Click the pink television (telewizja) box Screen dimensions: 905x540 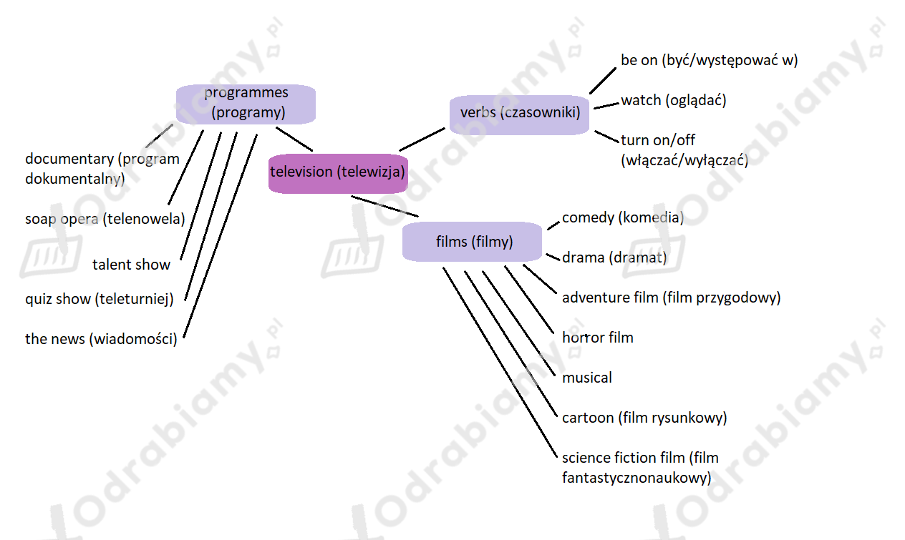pos(338,174)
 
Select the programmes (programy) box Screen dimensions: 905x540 pos(246,104)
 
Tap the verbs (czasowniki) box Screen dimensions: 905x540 pos(519,114)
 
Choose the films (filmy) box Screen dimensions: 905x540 pos(472,241)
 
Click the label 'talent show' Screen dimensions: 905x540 pos(131,265)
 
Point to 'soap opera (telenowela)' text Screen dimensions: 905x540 pos(105,219)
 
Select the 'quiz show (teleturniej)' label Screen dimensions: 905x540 pos(100,300)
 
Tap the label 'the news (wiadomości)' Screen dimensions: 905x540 pos(102,339)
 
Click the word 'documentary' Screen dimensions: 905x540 pos(69,159)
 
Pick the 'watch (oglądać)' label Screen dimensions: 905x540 pos(674,101)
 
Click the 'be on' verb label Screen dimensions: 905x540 pos(639,61)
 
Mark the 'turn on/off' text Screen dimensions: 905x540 pos(658,140)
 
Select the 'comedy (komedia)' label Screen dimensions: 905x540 pos(623,218)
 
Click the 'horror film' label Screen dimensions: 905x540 pos(598,338)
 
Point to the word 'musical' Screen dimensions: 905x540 pos(586,378)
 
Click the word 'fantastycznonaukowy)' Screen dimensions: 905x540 pos(637,478)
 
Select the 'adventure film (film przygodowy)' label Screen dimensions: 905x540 pos(671,298)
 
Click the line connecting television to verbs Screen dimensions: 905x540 pos(422,139)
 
